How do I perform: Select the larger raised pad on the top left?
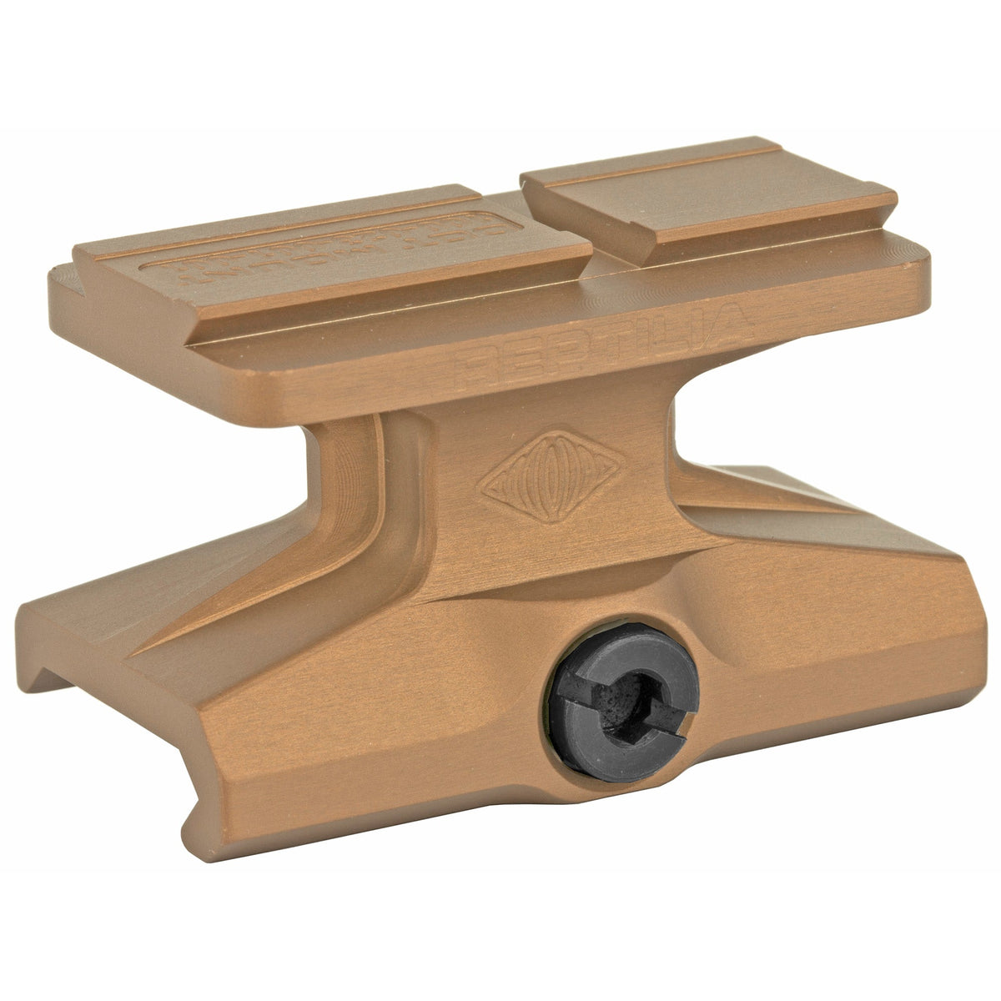coord(334,259)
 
